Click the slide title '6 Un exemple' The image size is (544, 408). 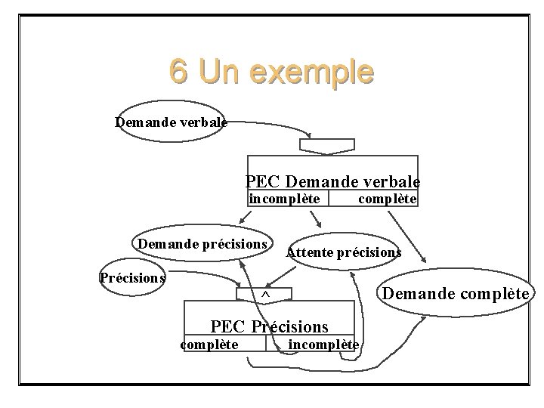[271, 73]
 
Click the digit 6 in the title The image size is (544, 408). [179, 73]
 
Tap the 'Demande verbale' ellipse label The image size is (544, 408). [171, 122]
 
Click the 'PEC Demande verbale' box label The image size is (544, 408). [332, 181]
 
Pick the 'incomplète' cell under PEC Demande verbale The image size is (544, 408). [289, 199]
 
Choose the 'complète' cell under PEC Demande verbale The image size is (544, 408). [386, 199]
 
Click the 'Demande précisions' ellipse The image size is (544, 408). [202, 244]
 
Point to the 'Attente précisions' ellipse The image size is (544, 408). [344, 252]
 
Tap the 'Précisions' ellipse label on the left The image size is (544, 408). [132, 277]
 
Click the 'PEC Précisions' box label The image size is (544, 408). [270, 326]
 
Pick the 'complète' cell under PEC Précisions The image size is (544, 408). [209, 345]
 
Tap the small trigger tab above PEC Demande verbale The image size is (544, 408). [327, 145]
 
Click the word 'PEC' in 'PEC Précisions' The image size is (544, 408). [227, 326]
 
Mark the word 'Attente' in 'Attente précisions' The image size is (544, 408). [308, 252]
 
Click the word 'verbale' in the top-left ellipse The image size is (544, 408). [202, 122]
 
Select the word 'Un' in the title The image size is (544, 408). [219, 73]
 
